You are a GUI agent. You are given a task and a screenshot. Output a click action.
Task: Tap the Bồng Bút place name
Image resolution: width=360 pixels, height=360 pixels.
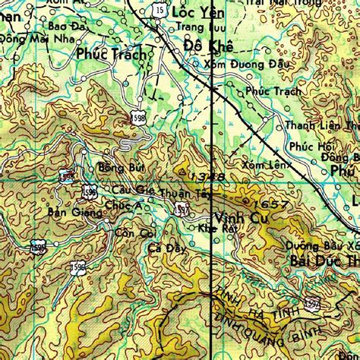pos(115,167)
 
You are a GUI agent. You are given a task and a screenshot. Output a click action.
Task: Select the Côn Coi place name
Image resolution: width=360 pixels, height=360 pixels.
pos(135,232)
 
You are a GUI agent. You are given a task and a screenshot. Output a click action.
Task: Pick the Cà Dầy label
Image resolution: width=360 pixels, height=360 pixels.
pos(166,248)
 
